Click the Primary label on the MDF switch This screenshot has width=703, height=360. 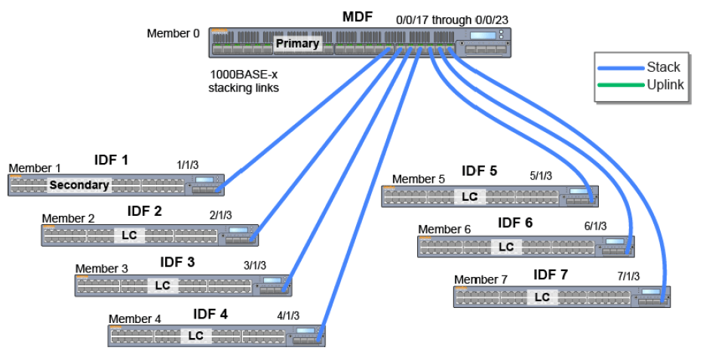pos(297,44)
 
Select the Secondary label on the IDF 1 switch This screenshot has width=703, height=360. pos(79,185)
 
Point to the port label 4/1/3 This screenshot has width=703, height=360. pos(288,316)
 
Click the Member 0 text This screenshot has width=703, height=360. pos(174,33)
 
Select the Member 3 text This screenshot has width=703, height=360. pos(102,269)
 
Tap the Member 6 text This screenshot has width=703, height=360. pos(444,229)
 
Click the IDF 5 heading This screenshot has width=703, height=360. pos(480,171)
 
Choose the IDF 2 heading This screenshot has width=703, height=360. pos(145,211)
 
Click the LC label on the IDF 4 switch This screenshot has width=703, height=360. pos(196,336)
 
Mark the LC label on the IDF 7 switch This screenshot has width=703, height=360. pos(542,297)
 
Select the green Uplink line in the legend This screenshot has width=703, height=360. pos(620,85)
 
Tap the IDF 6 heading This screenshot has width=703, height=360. pos(516,223)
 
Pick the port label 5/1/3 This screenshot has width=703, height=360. pos(541,176)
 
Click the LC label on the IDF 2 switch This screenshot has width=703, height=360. pos(129,235)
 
